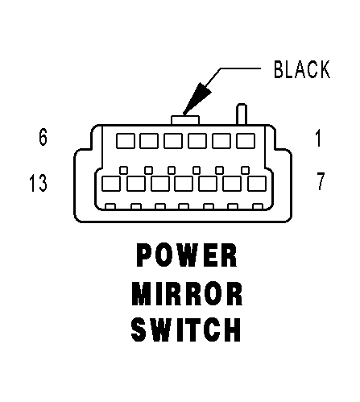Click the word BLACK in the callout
tap(302, 69)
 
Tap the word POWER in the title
tap(187, 255)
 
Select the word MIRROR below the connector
tap(187, 293)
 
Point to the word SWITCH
tap(186, 329)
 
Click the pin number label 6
tap(43, 137)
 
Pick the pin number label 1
tap(318, 138)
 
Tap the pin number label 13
tap(38, 183)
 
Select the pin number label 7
tap(321, 181)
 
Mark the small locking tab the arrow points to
tap(185, 120)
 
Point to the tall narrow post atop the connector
tap(242, 114)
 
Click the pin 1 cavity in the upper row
tap(246, 141)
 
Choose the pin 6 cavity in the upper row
tap(126, 141)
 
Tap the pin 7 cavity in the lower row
tap(257, 184)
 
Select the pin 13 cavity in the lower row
tap(111, 184)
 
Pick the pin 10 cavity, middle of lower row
tap(184, 184)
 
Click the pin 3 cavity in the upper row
tap(197, 141)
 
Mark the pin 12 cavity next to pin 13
tap(136, 184)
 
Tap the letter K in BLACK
tap(325, 69)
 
